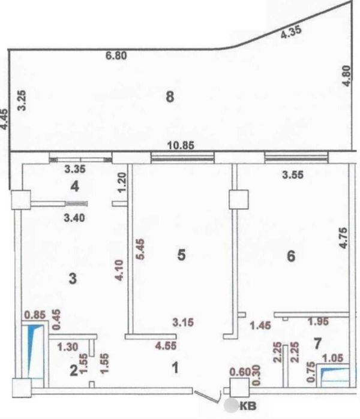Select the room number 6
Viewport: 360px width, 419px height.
tap(291, 256)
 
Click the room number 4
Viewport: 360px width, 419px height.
tap(74, 186)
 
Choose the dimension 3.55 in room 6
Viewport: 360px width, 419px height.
tap(294, 176)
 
